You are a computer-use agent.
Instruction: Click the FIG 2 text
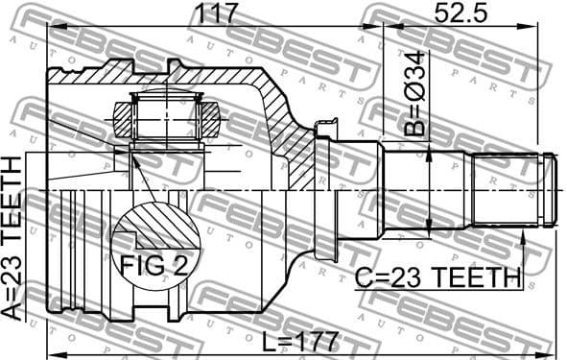click(x=155, y=266)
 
